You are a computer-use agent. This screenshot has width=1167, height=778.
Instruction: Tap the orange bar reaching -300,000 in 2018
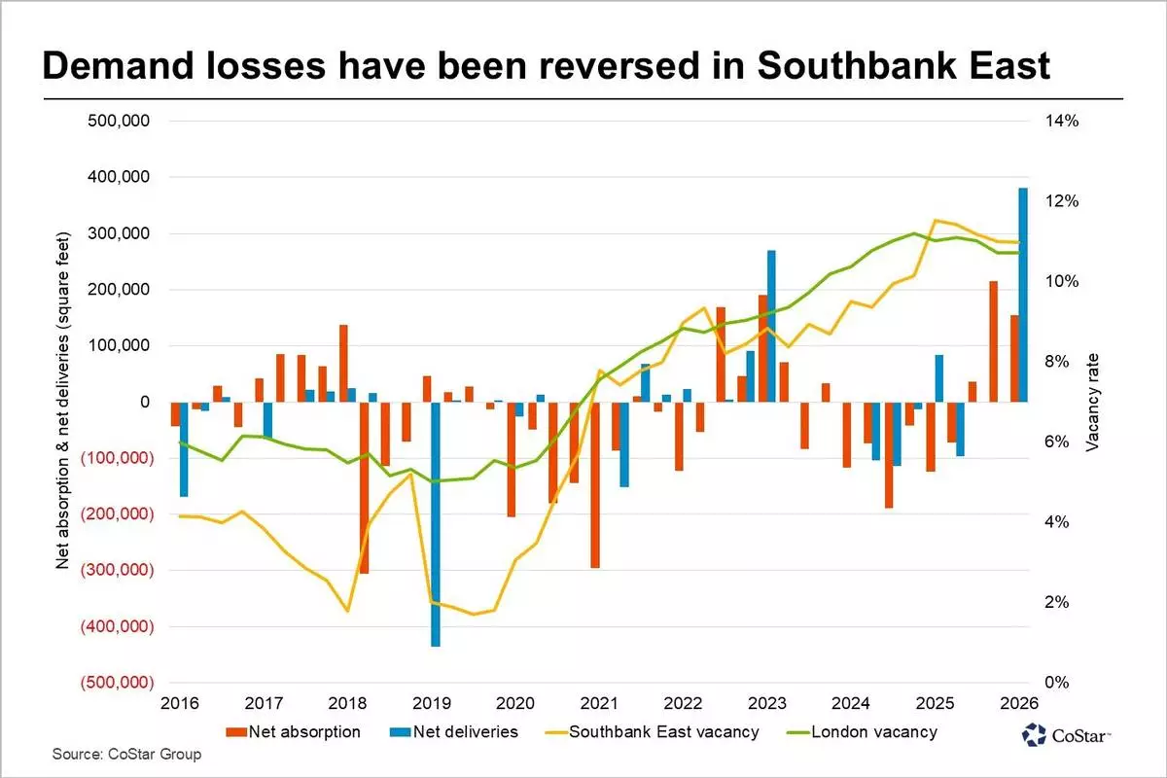364,486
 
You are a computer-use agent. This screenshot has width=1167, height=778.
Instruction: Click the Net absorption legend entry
294,731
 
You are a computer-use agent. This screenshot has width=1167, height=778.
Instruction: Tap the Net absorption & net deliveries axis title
63,401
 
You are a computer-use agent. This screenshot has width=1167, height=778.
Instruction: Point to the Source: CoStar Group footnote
126,754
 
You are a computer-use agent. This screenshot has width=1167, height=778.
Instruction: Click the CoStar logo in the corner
1067,735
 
